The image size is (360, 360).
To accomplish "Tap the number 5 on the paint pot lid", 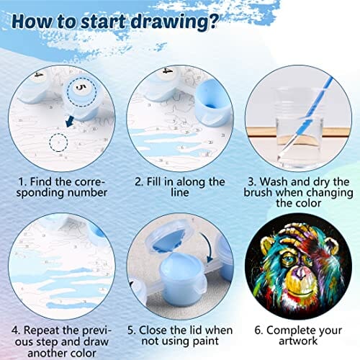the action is (x=81, y=89).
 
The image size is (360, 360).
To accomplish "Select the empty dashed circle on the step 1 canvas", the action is (x=58, y=143).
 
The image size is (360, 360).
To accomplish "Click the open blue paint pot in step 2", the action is (x=212, y=102).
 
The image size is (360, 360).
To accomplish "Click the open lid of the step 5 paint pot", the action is (x=169, y=237).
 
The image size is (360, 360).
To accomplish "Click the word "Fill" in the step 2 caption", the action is (x=154, y=182).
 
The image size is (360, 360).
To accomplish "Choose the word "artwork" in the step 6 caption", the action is (x=298, y=341).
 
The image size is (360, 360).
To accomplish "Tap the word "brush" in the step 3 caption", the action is (x=258, y=193).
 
